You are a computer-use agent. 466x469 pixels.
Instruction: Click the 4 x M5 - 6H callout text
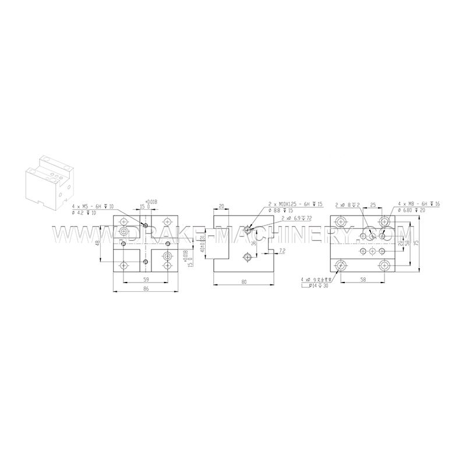(x=93, y=206)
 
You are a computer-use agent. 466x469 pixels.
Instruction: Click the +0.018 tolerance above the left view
(x=150, y=201)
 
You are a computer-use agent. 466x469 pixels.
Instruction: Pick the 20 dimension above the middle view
(x=221, y=206)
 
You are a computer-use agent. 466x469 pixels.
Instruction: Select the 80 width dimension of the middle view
(x=243, y=283)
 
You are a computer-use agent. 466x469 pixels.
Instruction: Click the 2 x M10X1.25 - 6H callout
(x=294, y=204)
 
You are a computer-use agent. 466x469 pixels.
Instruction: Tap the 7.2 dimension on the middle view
(x=282, y=251)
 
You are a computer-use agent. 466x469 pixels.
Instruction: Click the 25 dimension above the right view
(x=373, y=206)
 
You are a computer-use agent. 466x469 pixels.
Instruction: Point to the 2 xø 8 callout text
(x=348, y=205)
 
